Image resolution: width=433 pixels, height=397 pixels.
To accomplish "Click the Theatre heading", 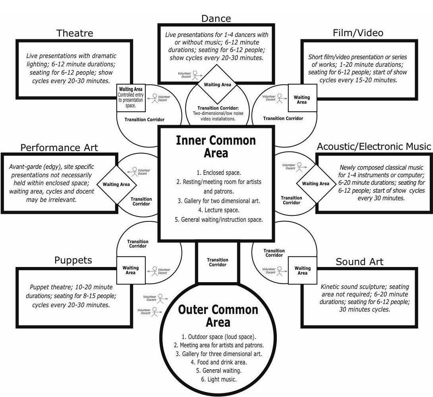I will pyautogui.click(x=75, y=33).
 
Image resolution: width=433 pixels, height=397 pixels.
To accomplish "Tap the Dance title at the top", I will pyautogui.click(x=216, y=18).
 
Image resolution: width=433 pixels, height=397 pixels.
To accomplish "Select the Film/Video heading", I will pyautogui.click(x=358, y=33).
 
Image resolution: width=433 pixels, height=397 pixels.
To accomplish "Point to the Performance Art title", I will pyautogui.click(x=59, y=148).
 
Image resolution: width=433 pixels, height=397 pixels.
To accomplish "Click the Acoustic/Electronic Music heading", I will pyautogui.click(x=374, y=147).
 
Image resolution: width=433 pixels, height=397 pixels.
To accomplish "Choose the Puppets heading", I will pyautogui.click(x=73, y=260).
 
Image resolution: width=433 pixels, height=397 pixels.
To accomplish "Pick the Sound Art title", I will pyautogui.click(x=360, y=262).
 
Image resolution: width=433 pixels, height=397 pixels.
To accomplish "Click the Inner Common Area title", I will pyautogui.click(x=216, y=147).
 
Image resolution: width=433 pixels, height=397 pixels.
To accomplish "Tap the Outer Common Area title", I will pyautogui.click(x=218, y=316).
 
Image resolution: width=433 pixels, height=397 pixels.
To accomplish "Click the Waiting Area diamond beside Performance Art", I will pyautogui.click(x=116, y=184).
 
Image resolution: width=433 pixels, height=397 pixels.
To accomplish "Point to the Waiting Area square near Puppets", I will pyautogui.click(x=131, y=270).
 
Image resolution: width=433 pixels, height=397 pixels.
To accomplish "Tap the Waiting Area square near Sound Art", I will pyautogui.click(x=302, y=271).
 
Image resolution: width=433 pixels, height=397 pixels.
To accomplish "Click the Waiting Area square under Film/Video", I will pyautogui.click(x=302, y=100).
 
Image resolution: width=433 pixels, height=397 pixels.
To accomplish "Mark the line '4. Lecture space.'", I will pyautogui.click(x=216, y=210).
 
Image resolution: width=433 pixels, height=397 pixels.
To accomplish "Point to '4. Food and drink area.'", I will pyautogui.click(x=218, y=362).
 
